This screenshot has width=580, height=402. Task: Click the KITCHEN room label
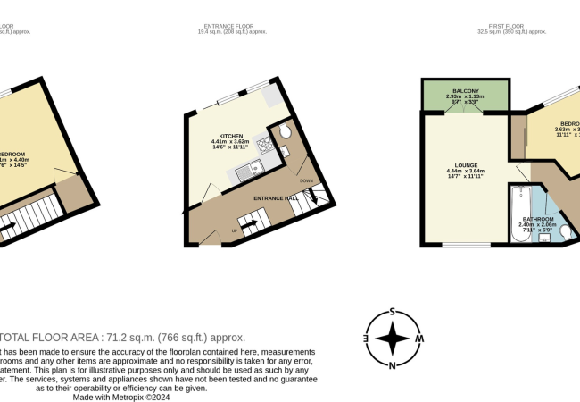tap(231, 136)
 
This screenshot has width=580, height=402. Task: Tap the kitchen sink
tap(254, 165)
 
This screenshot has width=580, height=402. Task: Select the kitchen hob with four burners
tap(264, 145)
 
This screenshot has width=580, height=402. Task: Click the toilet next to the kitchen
tap(283, 133)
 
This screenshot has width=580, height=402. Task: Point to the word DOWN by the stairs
tap(306, 180)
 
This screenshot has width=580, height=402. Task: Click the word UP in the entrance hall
tap(236, 230)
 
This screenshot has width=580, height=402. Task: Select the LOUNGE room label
tap(464, 164)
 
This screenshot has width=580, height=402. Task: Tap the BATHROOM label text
tap(539, 219)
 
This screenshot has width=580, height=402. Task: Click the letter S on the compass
tap(393, 313)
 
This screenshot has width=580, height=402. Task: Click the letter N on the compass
tap(393, 364)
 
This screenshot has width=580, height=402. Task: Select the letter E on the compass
tap(365, 339)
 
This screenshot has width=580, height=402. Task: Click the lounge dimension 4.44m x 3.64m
tap(465, 171)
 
